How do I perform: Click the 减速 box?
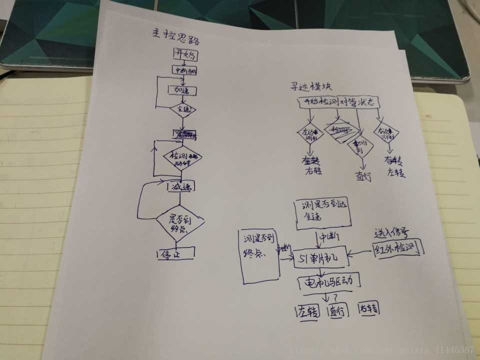coord(180,186)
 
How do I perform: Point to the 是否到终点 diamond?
coord(180,223)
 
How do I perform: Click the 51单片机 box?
coord(319,258)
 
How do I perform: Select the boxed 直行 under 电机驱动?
coord(336,311)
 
